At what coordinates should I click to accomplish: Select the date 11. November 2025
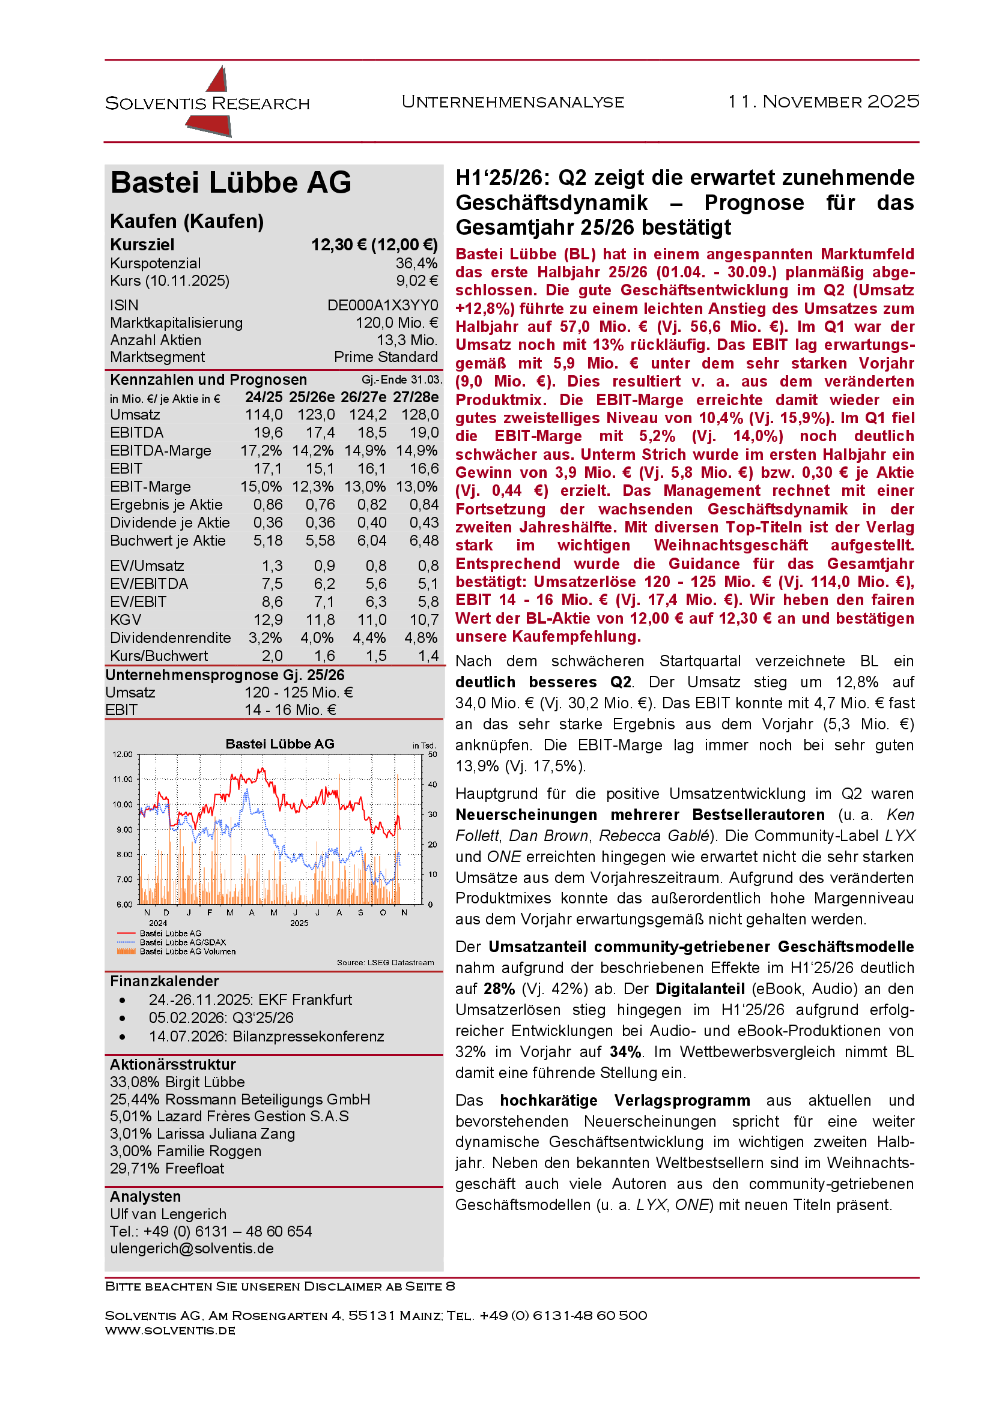coord(823,101)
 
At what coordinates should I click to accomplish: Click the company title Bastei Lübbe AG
coord(231,183)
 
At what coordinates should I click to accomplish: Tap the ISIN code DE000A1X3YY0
coord(383,305)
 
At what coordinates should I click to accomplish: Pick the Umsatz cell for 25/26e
coord(316,415)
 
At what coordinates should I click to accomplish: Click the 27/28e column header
coord(416,397)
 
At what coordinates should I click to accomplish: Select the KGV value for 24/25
coord(268,620)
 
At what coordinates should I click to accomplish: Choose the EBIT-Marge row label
coord(151,487)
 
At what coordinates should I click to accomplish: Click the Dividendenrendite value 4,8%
coord(421,638)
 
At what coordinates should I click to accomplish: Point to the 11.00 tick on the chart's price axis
coord(123,780)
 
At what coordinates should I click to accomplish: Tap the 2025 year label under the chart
coord(299,923)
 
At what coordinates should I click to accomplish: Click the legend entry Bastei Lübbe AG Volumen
coord(187,951)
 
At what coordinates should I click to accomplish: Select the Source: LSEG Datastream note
coord(385,963)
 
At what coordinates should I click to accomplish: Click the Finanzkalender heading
coord(165,981)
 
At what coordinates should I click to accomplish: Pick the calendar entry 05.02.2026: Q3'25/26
coord(221,1017)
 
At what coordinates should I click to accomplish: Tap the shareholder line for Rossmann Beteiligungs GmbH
coord(240,1100)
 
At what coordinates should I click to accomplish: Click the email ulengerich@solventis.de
coord(192,1249)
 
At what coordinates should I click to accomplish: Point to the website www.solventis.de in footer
coord(170,1331)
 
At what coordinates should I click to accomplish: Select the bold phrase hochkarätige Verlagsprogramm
coord(625,1101)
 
